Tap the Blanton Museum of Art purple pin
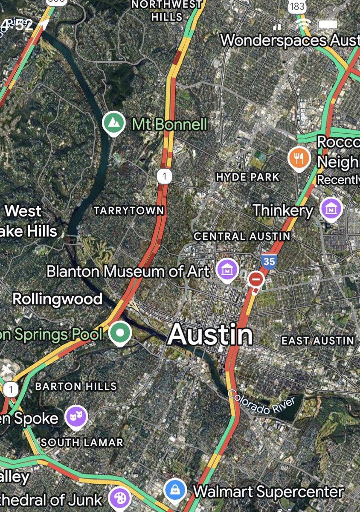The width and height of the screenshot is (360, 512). [x=226, y=270]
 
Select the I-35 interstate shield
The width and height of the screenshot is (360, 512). [x=269, y=261]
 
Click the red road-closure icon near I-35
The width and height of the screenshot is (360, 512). [x=256, y=280]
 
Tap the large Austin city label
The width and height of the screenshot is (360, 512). [x=210, y=335]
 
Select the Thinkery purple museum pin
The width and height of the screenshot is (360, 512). [x=331, y=209]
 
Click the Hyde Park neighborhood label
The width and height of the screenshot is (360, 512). [x=248, y=177]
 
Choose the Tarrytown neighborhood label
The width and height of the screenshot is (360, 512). [x=129, y=210]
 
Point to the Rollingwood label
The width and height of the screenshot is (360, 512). [x=58, y=299]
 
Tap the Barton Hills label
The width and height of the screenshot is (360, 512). [x=76, y=387]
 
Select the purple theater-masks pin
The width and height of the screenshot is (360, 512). [x=76, y=416]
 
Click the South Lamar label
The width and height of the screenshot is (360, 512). [x=82, y=442]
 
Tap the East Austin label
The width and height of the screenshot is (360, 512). [x=318, y=340]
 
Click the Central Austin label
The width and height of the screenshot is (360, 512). [x=242, y=236]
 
